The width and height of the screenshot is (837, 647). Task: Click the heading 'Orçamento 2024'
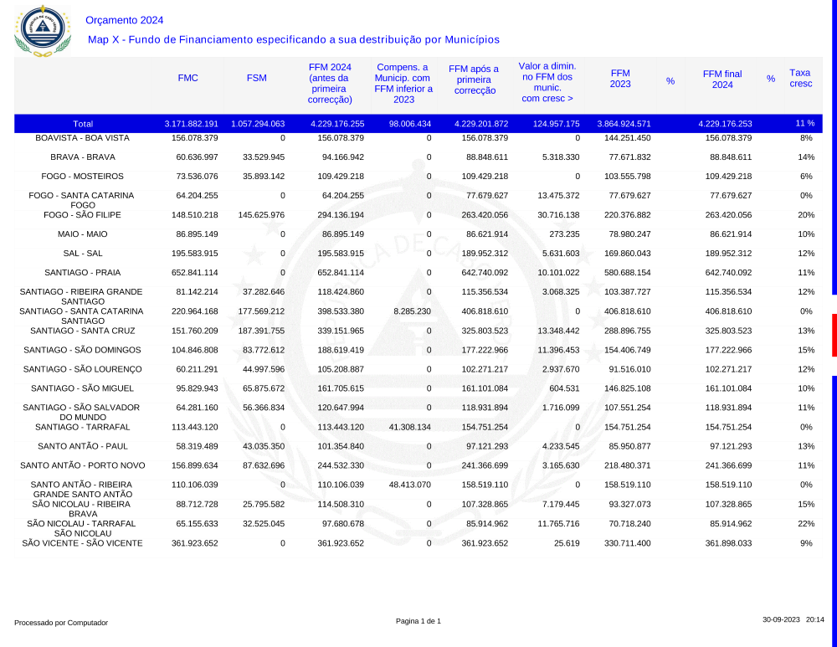coord(125,20)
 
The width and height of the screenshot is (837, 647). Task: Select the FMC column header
coord(188,78)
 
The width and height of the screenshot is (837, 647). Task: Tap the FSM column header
coord(257,78)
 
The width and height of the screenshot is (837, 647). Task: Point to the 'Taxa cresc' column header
coord(800,78)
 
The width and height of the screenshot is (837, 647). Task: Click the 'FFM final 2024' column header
coord(721,80)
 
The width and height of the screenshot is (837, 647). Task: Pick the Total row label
coord(83,123)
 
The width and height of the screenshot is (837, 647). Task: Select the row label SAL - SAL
coord(83,254)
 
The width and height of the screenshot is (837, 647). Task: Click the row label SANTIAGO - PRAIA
coord(83,273)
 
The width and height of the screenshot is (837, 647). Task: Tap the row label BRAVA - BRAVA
coord(83,157)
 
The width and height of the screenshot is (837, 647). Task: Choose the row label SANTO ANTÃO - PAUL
coord(83,446)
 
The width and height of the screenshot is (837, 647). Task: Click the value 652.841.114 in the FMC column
coord(194,273)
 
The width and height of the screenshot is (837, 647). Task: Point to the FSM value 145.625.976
coord(261,215)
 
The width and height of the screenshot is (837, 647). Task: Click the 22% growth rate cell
coord(806,523)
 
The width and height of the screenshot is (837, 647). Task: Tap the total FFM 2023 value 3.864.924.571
coord(624,123)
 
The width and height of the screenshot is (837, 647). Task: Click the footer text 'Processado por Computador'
coord(61,623)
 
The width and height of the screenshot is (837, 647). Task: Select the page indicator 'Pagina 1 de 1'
coord(418,620)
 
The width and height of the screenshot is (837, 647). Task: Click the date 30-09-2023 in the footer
coord(781,619)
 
